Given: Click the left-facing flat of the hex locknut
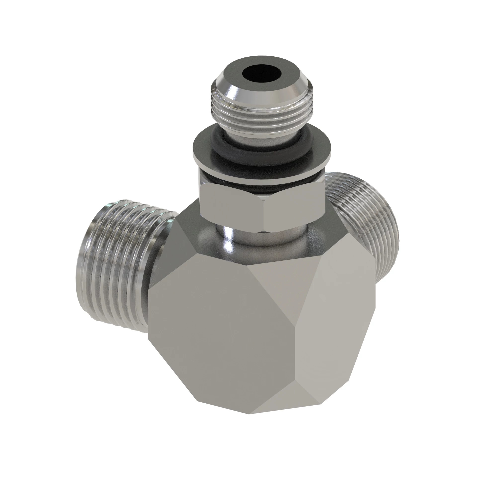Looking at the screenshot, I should (232, 206).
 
